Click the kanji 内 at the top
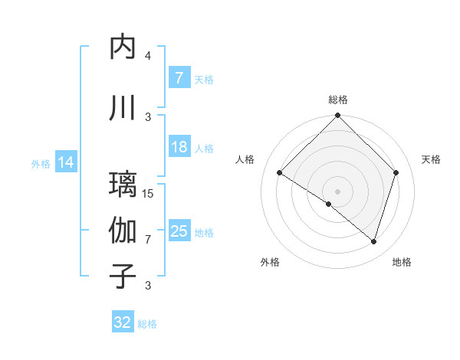[123, 47]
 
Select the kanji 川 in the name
[123, 108]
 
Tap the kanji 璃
[123, 185]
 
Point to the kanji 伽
[123, 231]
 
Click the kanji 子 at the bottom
[123, 276]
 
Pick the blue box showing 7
[179, 78]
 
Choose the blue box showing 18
[179, 147]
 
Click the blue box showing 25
[179, 231]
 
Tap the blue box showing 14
[66, 162]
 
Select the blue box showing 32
[123, 322]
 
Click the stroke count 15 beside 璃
[149, 194]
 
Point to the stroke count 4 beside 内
[148, 56]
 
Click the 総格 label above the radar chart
[337, 100]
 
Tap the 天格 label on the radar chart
[432, 159]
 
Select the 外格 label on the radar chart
[270, 263]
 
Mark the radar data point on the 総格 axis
[337, 116]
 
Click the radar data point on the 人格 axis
[280, 173]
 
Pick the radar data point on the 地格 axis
[373, 242]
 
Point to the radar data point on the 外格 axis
[329, 205]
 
